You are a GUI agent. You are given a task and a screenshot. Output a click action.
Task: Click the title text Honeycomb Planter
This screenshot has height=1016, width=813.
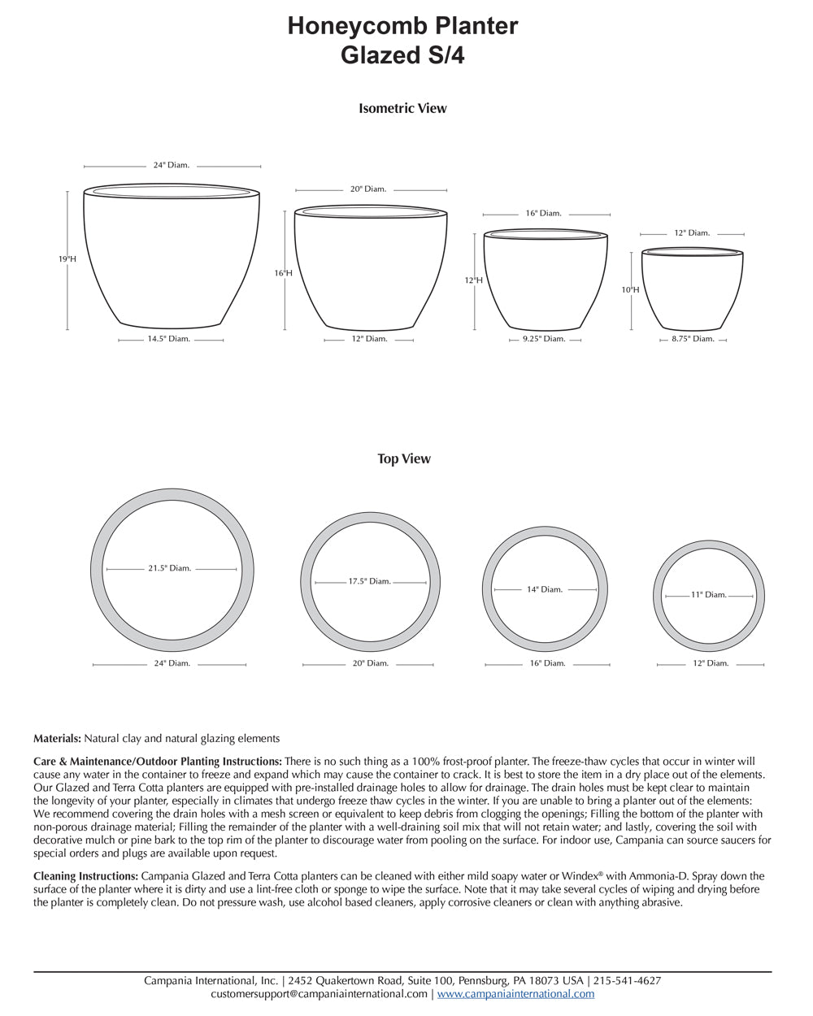[402, 26]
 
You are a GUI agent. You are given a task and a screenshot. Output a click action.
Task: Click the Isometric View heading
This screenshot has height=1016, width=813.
[402, 108]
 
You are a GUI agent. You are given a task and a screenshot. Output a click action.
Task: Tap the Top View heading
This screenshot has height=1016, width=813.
[404, 459]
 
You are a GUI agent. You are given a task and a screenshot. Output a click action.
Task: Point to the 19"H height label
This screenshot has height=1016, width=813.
[67, 259]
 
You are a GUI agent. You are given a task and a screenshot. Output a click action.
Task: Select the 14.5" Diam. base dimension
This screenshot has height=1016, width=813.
[168, 339]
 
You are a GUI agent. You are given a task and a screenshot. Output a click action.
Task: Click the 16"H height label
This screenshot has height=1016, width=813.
[283, 274]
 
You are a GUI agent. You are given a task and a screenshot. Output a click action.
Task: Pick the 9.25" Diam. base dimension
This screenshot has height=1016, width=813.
[544, 339]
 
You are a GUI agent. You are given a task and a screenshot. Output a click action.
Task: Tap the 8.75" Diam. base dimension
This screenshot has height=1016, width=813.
[693, 339]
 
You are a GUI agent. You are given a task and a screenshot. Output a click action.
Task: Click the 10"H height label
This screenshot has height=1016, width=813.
[631, 289]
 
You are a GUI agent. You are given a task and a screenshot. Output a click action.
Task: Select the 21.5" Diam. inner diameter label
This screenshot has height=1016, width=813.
[169, 569]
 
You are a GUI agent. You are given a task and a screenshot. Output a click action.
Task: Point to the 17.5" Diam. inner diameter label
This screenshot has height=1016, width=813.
[370, 582]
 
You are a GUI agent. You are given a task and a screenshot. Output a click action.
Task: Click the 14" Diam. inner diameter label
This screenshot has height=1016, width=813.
[545, 589]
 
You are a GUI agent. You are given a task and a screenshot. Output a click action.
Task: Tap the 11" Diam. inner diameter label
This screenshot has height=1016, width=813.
[709, 595]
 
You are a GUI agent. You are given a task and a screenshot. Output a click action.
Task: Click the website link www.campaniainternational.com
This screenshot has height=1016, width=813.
[515, 994]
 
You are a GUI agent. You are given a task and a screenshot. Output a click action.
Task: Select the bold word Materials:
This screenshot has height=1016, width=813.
[57, 739]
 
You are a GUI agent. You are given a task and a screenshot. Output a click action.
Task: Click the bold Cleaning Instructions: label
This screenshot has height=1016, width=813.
[85, 876]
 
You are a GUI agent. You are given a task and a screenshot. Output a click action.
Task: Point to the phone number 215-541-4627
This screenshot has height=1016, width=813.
[627, 981]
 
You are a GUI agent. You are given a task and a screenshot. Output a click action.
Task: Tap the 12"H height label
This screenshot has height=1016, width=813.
[474, 280]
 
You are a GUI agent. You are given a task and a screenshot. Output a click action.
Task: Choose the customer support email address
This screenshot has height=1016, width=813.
[319, 994]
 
